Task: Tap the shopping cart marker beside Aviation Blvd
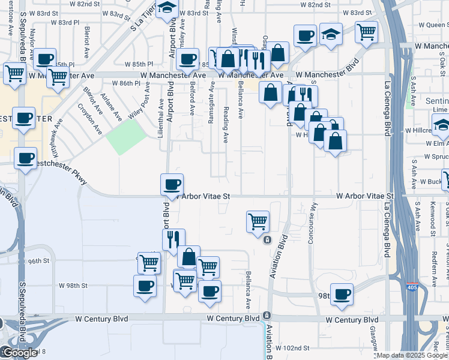258,221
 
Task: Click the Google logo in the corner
19,353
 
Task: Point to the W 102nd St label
292,348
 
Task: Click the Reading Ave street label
226,125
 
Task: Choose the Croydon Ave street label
91,118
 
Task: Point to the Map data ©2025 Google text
412,355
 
